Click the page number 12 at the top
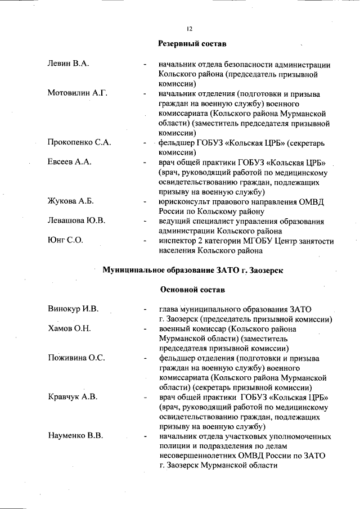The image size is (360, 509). pyautogui.click(x=189, y=29)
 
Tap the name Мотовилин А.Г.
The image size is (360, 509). pyautogui.click(x=77, y=93)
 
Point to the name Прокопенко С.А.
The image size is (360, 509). pyautogui.click(x=79, y=142)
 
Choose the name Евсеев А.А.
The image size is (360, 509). pyautogui.click(x=69, y=162)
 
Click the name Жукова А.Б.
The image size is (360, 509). pyautogui.click(x=70, y=201)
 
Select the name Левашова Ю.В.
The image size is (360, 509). pyautogui.click(x=76, y=220)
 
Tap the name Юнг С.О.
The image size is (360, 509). pyautogui.click(x=65, y=240)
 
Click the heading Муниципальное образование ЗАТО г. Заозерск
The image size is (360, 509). pyautogui.click(x=192, y=270)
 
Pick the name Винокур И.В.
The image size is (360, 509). pyautogui.click(x=73, y=309)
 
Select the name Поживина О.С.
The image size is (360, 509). pyautogui.click(x=76, y=358)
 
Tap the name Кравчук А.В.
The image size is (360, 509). pyautogui.click(x=73, y=397)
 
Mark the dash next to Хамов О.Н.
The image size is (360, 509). pyautogui.click(x=145, y=328)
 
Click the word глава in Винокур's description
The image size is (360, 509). pyautogui.click(x=169, y=309)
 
